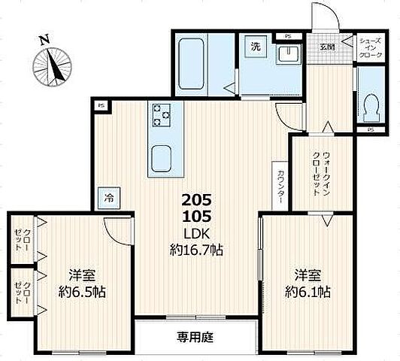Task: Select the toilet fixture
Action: (x=368, y=109)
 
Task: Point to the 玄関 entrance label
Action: (x=327, y=47)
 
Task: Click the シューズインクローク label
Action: (x=371, y=47)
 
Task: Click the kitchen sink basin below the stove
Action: (x=163, y=157)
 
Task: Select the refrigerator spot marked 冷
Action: (x=109, y=199)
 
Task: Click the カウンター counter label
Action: (x=280, y=184)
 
